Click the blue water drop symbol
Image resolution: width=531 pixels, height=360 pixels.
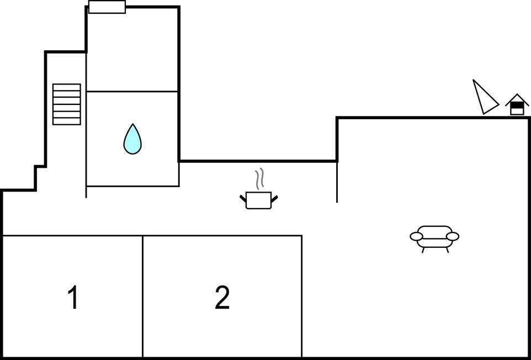pos(132,139)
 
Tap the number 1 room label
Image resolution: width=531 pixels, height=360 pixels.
pos(72,298)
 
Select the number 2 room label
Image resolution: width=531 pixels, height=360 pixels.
pos(222,298)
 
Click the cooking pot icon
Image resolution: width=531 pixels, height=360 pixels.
pos(258,200)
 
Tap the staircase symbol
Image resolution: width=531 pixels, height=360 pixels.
pos(67,104)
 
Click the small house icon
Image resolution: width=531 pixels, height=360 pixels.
pos(517,105)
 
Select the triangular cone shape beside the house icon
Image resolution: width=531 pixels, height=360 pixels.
pos(484,98)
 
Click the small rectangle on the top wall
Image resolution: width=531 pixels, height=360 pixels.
pos(107,7)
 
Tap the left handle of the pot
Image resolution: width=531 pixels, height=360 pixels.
pos(243,198)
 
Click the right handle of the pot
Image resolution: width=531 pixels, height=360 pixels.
pos(274,198)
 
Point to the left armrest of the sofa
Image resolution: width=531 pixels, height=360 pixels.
pos(416,237)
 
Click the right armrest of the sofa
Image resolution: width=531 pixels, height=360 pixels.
pos(453,237)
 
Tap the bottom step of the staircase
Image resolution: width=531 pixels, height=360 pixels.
pos(67,121)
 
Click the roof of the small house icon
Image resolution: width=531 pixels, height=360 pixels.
pos(517,98)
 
